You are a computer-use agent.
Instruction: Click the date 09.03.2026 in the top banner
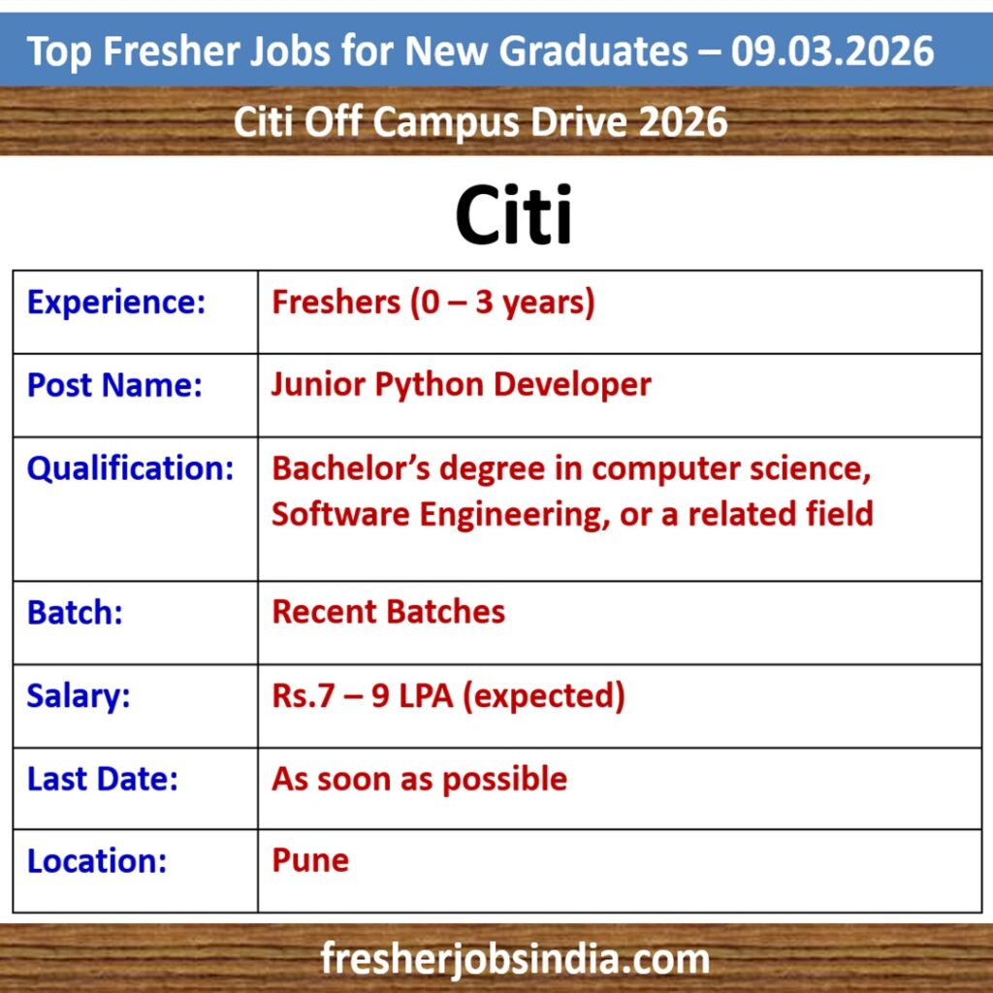(x=833, y=50)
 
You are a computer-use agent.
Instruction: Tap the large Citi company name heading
(x=513, y=216)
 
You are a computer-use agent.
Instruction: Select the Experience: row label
(x=116, y=303)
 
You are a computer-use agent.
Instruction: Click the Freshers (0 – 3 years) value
(x=432, y=303)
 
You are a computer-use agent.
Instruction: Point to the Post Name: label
(x=114, y=385)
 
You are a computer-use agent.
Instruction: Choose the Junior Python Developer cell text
(x=461, y=385)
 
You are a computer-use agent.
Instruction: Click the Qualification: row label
(x=130, y=468)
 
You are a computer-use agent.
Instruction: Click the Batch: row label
(x=75, y=613)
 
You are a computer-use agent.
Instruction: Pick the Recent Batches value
(x=388, y=612)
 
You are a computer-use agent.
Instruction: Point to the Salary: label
(x=79, y=696)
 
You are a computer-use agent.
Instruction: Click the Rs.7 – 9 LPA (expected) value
(x=448, y=696)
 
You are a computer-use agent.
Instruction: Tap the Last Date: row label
(x=103, y=779)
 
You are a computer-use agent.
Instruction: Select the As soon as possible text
(x=419, y=779)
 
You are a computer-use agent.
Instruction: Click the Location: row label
(x=97, y=861)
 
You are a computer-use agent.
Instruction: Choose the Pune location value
(x=310, y=861)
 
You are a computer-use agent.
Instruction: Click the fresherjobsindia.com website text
(x=515, y=960)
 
